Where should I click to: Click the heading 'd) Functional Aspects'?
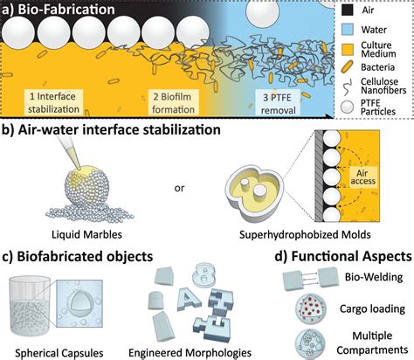coord(336,258)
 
